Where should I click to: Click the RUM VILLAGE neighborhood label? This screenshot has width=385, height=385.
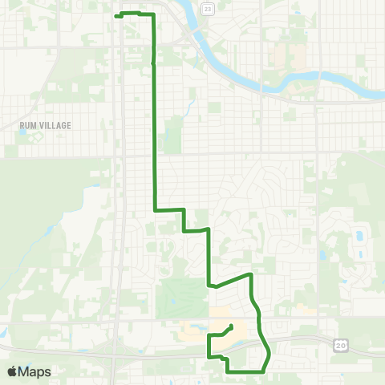46,125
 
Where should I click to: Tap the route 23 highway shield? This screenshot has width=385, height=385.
208,8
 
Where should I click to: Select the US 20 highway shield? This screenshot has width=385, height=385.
339,343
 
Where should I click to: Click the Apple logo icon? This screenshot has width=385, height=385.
13,372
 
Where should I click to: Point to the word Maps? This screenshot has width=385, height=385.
35,372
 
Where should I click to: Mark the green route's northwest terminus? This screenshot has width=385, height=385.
117,16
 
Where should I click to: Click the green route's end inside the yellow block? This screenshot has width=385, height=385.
232,326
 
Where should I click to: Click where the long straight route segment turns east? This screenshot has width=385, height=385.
155,210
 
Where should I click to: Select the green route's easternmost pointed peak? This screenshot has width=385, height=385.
252,274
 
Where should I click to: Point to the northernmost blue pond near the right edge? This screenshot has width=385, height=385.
359,236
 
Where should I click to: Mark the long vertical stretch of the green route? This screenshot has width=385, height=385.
154,136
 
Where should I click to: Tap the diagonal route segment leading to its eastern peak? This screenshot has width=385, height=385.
233,280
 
